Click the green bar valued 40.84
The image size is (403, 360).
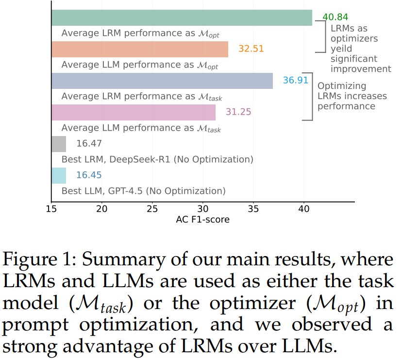pos(182,17)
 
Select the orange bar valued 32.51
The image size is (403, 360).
pos(140,49)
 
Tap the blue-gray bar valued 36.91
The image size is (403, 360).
pos(162,81)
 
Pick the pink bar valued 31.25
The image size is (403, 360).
pos(134,112)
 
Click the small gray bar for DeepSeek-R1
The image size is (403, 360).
pos(59,144)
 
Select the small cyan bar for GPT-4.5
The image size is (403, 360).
pos(59,175)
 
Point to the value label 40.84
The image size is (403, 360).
pos(336,17)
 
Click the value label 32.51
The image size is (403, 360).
pos(251,49)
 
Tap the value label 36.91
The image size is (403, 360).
pos(296,80)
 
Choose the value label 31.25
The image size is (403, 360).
pos(238,112)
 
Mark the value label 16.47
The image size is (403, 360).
pos(89,143)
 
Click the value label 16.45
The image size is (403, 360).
pos(89,175)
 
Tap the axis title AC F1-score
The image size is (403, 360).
pos(202,220)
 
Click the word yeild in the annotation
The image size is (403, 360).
pos(341,49)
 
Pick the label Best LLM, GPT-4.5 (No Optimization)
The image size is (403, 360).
pos(143,190)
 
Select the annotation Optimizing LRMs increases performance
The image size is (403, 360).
pos(352,96)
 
